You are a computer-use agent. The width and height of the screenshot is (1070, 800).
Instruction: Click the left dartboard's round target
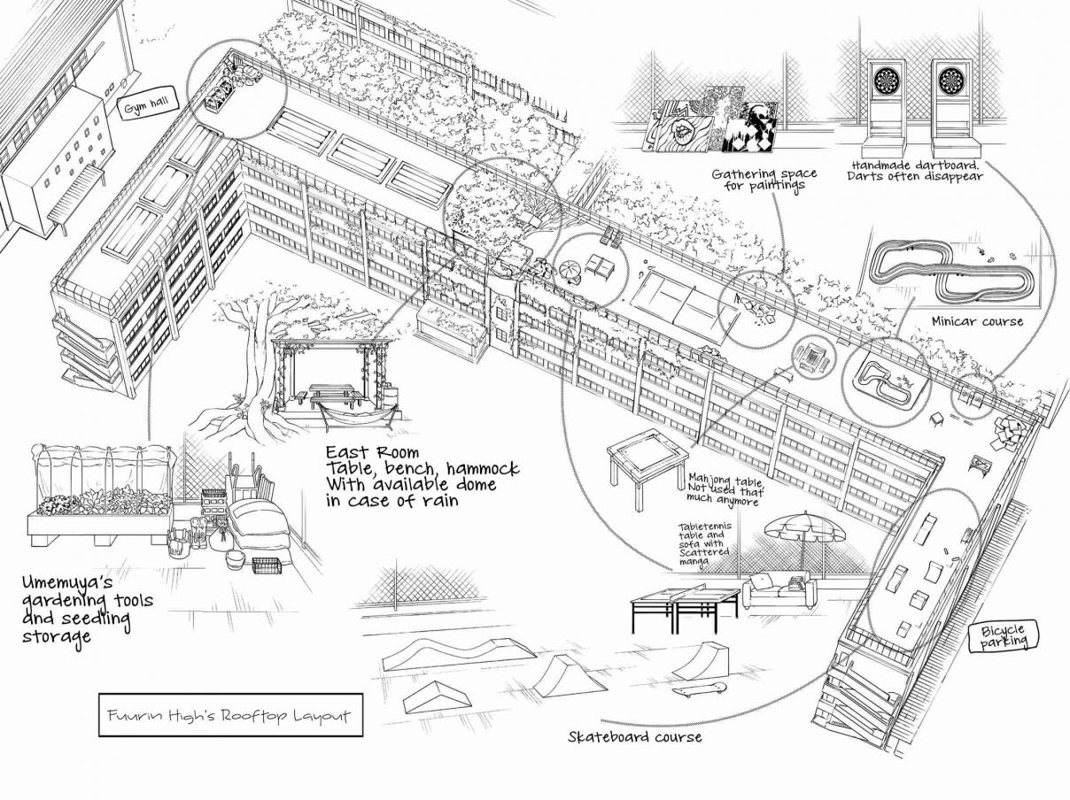(x=886, y=81)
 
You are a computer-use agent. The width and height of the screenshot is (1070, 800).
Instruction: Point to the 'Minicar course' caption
(x=977, y=321)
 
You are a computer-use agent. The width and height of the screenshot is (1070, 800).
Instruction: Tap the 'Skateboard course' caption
(x=634, y=736)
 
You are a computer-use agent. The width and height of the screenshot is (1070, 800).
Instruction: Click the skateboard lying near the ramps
(x=699, y=688)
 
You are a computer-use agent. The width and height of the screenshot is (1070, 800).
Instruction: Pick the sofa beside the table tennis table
(x=779, y=590)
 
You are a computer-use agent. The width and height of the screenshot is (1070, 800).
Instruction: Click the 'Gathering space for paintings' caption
(x=764, y=180)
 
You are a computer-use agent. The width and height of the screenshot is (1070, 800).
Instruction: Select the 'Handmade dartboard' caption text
(x=915, y=165)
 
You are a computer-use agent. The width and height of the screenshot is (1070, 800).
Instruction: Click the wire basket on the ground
(x=267, y=565)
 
